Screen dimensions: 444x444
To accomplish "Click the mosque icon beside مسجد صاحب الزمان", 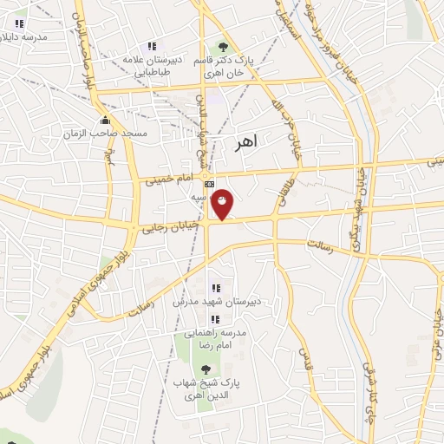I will [105, 120].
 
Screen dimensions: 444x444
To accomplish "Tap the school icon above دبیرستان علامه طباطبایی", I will [153, 46].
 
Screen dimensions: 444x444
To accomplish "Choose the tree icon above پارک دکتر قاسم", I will [223, 47].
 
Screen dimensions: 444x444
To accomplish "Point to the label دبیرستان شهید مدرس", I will [214, 301].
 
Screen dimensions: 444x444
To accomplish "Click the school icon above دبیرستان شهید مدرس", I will [216, 287].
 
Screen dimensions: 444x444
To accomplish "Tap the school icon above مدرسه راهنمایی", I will [215, 320].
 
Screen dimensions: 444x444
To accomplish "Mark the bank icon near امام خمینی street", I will [208, 184].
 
